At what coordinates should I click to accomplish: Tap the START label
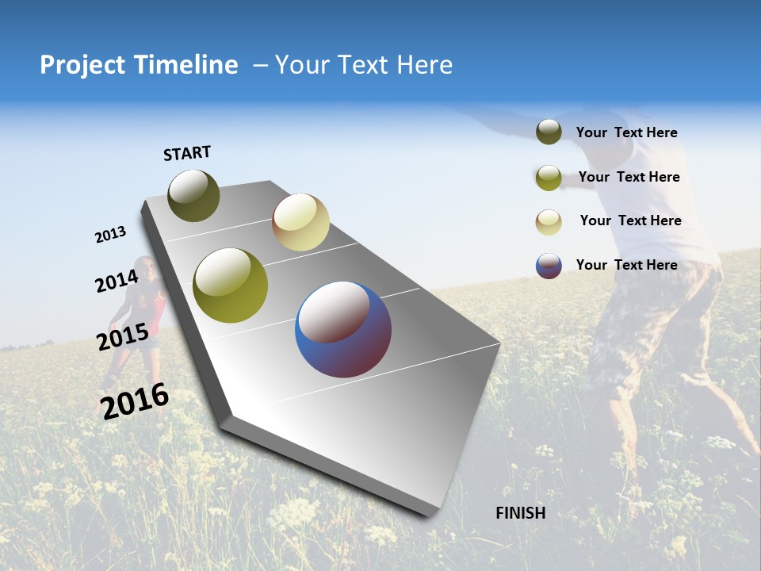(x=187, y=153)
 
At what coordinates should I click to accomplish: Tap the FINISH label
(x=521, y=513)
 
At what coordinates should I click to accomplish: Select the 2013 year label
(x=110, y=235)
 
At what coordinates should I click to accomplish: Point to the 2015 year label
(x=122, y=337)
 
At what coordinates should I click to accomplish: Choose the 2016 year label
(x=135, y=400)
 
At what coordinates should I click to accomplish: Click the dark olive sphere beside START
(x=194, y=196)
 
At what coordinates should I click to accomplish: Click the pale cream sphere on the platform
(x=300, y=223)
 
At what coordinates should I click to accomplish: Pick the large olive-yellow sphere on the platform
(x=231, y=285)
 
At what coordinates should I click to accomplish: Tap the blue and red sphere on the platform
(x=343, y=330)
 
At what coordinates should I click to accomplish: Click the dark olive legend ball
(x=549, y=132)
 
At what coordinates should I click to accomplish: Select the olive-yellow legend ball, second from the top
(x=549, y=178)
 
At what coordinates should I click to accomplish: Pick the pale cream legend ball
(x=549, y=222)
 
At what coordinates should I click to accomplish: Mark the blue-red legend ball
(x=549, y=266)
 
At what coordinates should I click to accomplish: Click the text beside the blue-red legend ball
(x=626, y=265)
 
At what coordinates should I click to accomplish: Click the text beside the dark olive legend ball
(x=626, y=132)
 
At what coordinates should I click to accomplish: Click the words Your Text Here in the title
(x=364, y=65)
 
